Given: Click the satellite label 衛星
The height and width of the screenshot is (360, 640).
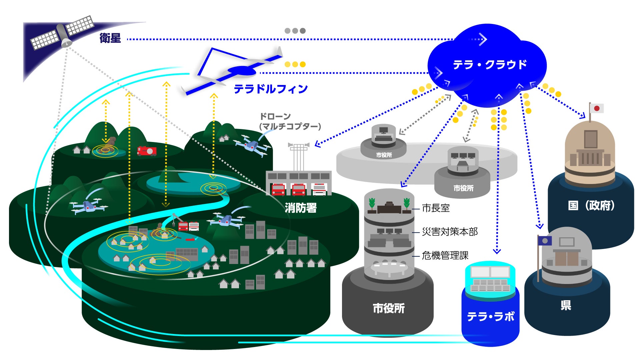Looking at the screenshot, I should [110, 38].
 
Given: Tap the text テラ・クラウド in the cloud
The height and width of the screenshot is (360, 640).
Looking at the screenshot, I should [489, 64].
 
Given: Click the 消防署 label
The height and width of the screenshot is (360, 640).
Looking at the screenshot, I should [300, 208].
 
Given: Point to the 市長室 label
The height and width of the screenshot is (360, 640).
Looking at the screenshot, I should [436, 208].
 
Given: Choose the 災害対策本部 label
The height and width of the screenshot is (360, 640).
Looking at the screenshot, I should [450, 232].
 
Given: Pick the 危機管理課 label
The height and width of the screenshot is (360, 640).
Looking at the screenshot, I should [445, 256].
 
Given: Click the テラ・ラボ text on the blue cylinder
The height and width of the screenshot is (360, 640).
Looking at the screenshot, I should [490, 316].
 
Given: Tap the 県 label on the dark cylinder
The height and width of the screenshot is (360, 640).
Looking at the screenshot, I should [566, 305].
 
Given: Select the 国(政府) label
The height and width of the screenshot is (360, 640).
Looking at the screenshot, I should [591, 206].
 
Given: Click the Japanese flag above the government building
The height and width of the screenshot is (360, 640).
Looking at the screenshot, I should [597, 108].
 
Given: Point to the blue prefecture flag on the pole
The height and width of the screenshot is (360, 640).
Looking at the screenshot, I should [545, 241].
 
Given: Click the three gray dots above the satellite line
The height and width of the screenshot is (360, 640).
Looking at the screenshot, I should [295, 31].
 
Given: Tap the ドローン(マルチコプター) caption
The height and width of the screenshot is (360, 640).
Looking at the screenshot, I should [290, 121].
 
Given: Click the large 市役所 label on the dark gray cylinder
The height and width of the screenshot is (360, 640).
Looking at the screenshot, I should [389, 308].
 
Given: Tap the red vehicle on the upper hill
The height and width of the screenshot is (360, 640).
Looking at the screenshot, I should [147, 151].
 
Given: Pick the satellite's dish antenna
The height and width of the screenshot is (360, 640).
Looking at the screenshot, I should [66, 42].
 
